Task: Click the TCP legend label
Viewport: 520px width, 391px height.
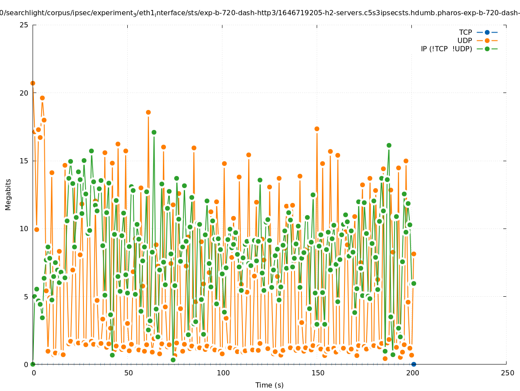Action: (465, 32)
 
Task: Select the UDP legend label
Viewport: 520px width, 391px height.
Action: (464, 40)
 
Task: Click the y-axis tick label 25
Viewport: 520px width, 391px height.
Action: (24, 25)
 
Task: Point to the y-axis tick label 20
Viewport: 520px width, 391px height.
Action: (24, 93)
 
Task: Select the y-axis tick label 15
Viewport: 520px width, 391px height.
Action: (24, 161)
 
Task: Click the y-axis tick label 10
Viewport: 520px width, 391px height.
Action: (24, 229)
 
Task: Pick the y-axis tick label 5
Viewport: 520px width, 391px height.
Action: (26, 297)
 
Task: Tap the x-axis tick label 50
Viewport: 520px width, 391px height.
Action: (128, 373)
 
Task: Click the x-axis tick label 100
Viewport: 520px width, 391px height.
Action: (222, 373)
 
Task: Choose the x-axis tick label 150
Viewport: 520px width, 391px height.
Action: (317, 373)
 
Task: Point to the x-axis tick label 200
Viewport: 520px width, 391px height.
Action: (412, 373)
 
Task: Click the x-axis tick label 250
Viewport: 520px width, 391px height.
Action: (507, 373)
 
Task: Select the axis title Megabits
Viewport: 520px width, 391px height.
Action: (8, 194)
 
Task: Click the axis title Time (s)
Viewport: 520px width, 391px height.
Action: (269, 385)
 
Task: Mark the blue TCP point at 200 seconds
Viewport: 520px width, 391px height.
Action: (414, 364)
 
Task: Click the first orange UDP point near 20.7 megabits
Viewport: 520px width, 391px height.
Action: (33, 83)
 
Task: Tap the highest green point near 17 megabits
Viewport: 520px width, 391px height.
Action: (154, 132)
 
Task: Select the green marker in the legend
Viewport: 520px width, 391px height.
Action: (487, 49)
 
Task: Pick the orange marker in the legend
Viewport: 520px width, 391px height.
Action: (487, 40)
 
